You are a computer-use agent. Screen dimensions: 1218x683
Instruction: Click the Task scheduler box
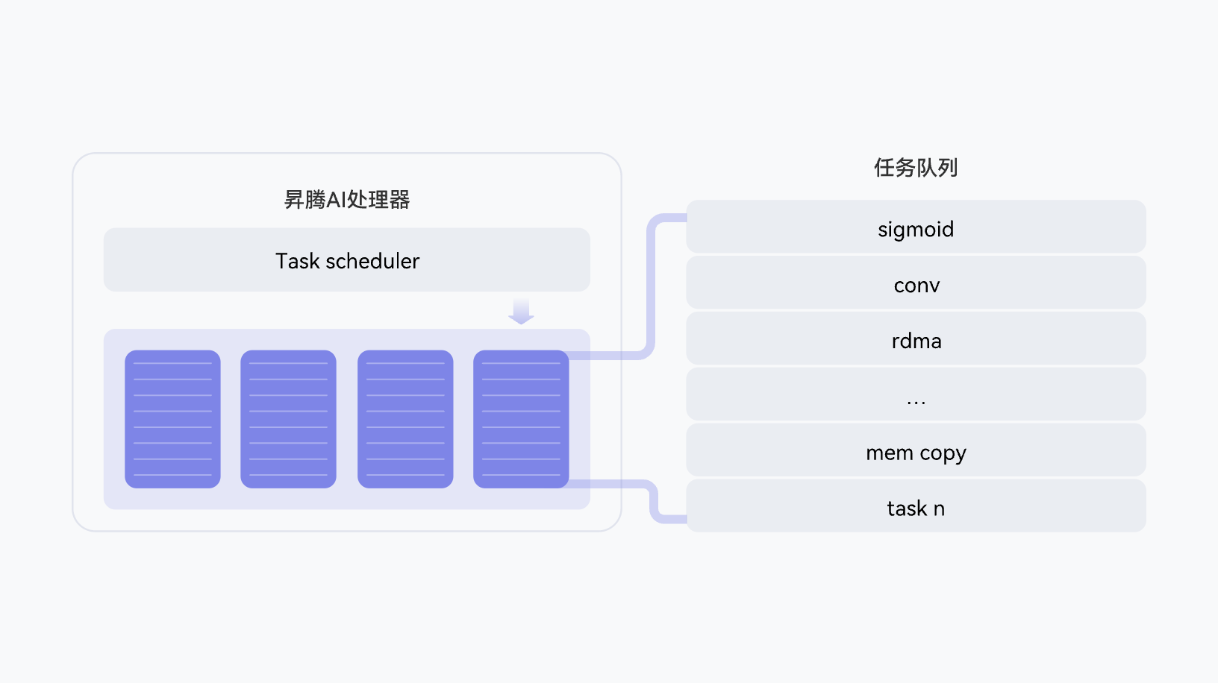coord(347,259)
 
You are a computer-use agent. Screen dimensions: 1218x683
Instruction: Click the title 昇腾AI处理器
coord(347,199)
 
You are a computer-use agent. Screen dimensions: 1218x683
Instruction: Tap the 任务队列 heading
coord(916,167)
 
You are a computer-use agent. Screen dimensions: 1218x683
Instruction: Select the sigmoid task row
coord(916,227)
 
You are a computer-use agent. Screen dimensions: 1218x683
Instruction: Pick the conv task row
coord(916,283)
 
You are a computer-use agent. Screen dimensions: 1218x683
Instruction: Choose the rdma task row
coord(916,339)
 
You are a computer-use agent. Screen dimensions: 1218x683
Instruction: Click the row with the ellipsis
coord(916,394)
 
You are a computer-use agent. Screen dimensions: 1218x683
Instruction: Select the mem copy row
coord(916,450)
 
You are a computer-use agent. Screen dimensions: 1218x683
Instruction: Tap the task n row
coord(916,506)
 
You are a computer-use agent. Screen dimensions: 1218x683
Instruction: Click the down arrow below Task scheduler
coord(521,312)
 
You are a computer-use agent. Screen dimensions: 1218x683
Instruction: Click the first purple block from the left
coord(172,419)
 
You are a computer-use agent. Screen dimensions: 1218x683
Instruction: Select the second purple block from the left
coord(288,419)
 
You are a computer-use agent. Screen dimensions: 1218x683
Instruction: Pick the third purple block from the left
coord(405,419)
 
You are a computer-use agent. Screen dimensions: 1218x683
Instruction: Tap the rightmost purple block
coord(521,419)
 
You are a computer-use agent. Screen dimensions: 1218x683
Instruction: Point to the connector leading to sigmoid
coord(651,288)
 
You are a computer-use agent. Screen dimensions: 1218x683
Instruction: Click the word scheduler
coord(372,262)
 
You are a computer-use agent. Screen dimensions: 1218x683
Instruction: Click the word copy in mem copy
coord(943,453)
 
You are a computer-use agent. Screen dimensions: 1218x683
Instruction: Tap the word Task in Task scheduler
coord(297,262)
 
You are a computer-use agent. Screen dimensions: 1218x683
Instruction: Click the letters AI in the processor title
coord(336,200)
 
